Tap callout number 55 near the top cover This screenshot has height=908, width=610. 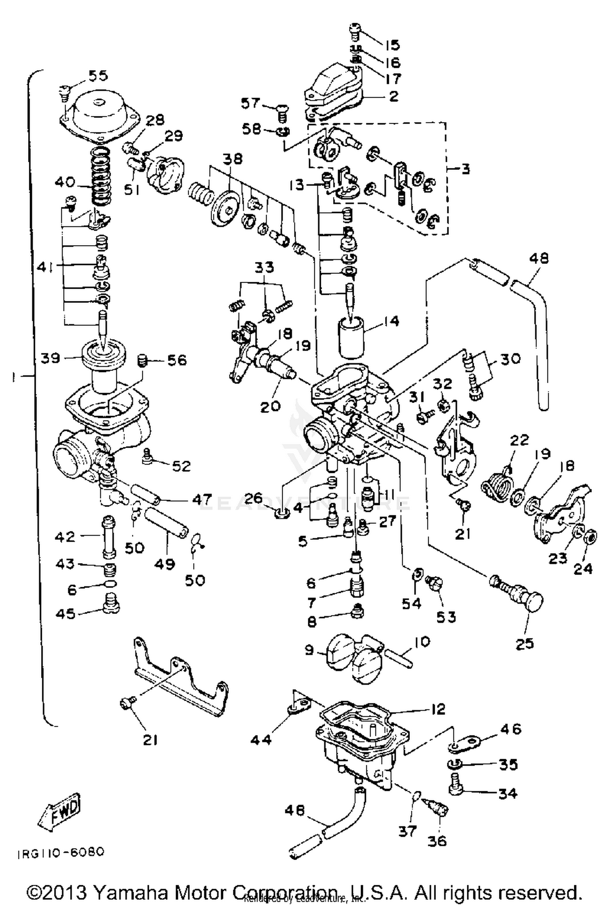[98, 75]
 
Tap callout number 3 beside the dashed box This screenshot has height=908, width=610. [466, 169]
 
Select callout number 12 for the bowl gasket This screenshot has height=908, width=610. [438, 709]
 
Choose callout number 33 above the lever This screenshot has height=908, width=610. [265, 267]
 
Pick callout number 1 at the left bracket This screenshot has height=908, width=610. [14, 378]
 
